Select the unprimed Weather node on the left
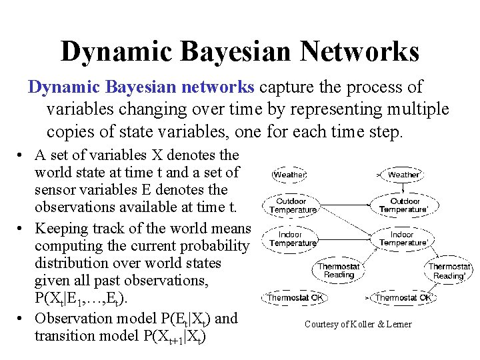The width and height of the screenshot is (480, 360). point(289,175)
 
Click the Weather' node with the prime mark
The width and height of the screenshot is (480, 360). point(404,175)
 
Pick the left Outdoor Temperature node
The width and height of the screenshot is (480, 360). point(293,205)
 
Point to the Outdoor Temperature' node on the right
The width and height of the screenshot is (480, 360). point(405,205)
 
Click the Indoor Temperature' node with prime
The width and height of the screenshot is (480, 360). point(403,239)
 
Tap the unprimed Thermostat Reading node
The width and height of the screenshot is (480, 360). point(339,270)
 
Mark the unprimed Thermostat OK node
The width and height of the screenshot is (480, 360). point(295,297)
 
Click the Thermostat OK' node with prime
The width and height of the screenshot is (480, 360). point(405,297)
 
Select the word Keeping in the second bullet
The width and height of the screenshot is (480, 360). point(63,228)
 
